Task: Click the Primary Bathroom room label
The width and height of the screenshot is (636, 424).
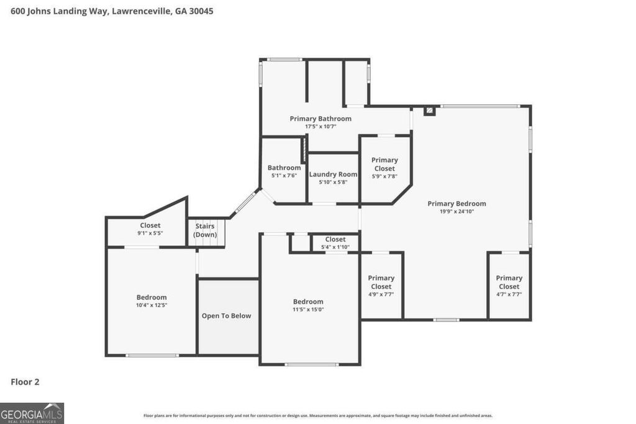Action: click(x=320, y=119)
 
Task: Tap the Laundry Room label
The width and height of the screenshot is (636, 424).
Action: click(x=334, y=174)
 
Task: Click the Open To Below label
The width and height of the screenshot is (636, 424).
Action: click(x=226, y=316)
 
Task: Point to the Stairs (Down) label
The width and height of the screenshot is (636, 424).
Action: click(x=205, y=230)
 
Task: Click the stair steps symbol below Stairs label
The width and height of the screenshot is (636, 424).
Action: click(x=211, y=243)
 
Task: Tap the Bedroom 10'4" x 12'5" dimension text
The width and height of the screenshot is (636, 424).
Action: click(x=152, y=305)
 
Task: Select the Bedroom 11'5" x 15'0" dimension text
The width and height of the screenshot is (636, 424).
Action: click(x=309, y=310)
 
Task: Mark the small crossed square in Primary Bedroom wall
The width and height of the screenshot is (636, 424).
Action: click(x=429, y=111)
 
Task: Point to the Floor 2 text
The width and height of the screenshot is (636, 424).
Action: click(x=25, y=382)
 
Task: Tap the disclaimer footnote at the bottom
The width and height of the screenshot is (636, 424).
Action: click(x=318, y=416)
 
